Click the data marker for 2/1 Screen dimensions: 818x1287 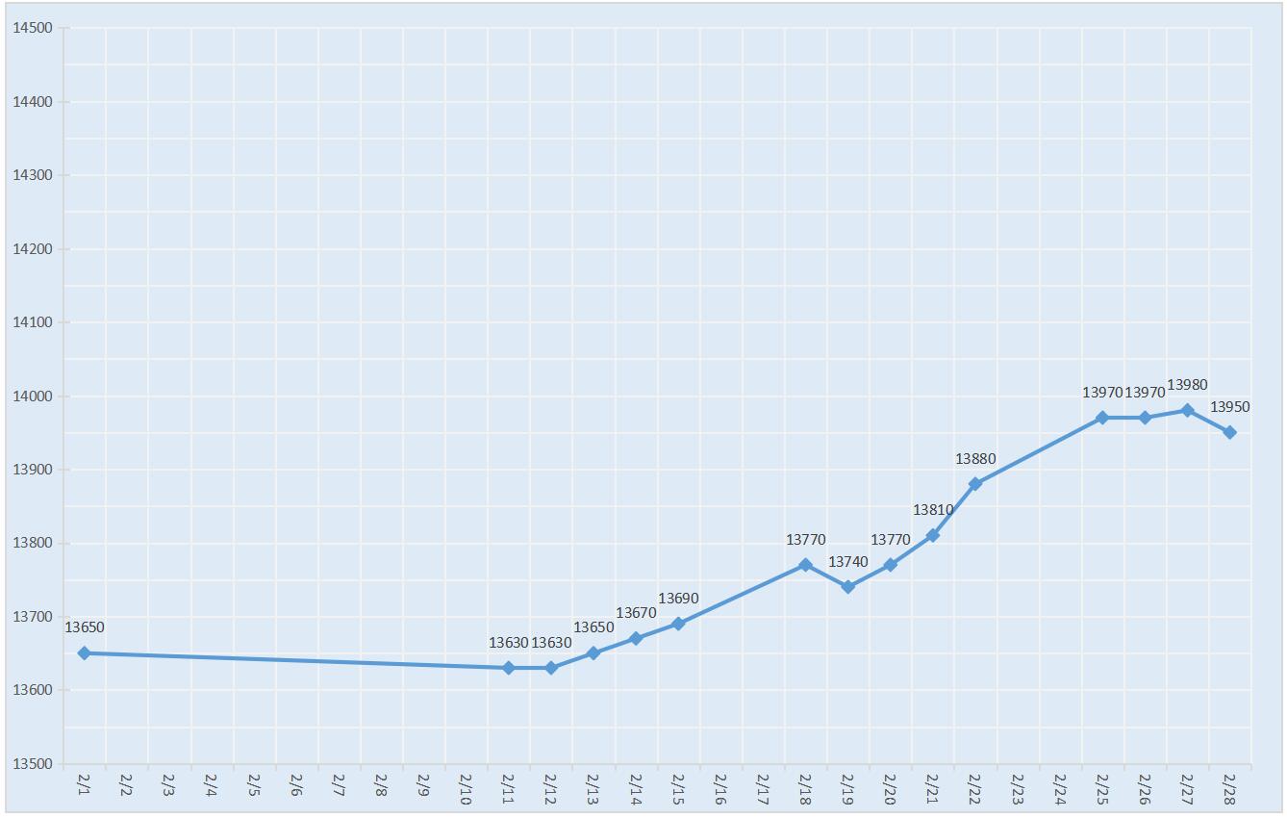click(84, 653)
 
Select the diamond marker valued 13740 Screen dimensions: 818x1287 click(847, 587)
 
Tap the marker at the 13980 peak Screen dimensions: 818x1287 click(1187, 410)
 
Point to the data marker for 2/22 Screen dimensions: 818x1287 click(975, 484)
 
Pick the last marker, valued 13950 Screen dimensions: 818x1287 click(1229, 432)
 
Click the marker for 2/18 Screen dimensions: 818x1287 click(805, 565)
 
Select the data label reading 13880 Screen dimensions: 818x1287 click(975, 459)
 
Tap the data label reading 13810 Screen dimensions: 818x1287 click(933, 510)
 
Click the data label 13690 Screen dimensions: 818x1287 click(678, 599)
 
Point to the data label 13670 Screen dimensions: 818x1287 click(636, 613)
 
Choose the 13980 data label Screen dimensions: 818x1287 click(1187, 385)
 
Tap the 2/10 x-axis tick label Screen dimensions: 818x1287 click(465, 787)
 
